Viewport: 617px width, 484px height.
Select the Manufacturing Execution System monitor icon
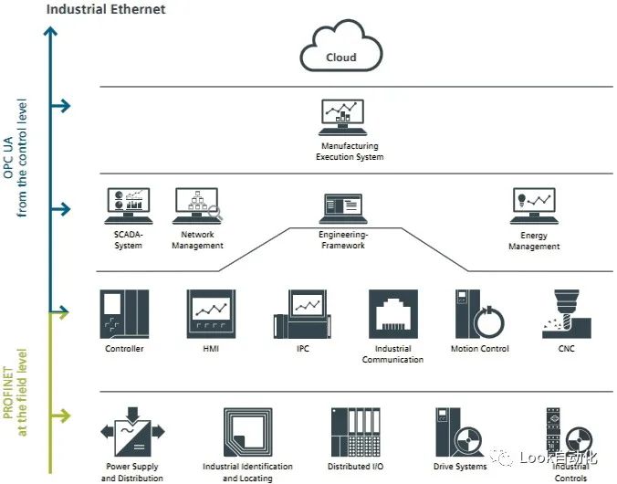coord(343,118)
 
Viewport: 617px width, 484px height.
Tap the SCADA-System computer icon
coord(129,205)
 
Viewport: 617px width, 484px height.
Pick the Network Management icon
coord(197,205)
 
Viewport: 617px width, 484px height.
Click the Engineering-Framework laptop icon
coord(343,208)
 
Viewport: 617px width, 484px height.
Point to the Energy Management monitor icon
coord(534,205)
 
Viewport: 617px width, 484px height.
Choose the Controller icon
coord(124,314)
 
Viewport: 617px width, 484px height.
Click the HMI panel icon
coord(212,314)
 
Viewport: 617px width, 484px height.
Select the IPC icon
coord(302,314)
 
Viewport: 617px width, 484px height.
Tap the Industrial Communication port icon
coord(393,314)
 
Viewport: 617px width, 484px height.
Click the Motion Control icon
coord(480,314)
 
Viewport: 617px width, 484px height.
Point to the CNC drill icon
coord(567,314)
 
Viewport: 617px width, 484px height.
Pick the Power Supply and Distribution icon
coord(132,432)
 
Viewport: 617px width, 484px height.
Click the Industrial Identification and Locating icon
coord(248,432)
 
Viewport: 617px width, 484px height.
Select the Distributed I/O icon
coord(356,432)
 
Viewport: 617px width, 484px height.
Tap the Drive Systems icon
coord(459,432)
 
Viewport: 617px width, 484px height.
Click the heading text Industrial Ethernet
coord(106,9)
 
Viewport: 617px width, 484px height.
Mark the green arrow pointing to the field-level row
coord(60,416)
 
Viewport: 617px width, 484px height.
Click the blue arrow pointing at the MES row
coord(60,106)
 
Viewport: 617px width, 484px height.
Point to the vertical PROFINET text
coord(8,393)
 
